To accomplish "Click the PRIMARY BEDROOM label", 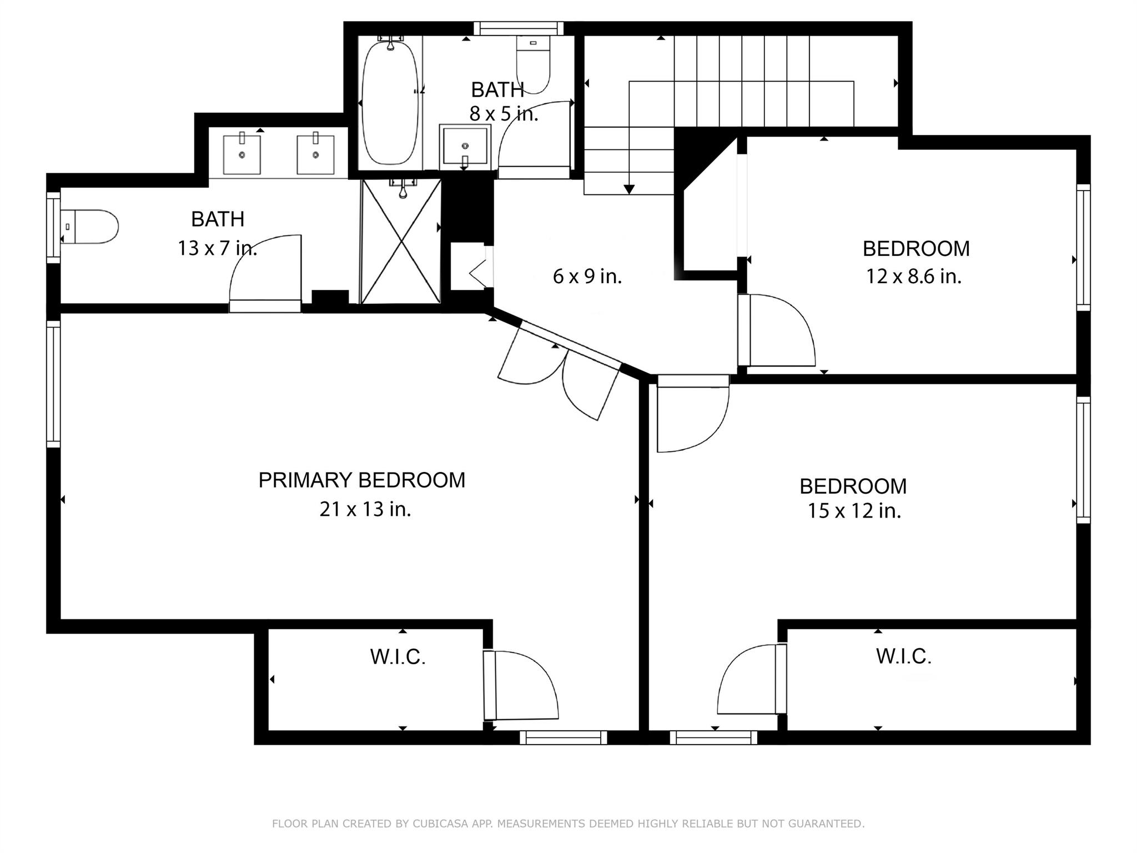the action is [x=362, y=480].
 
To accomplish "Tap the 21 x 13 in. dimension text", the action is [x=365, y=509].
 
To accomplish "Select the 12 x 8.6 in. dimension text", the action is [x=914, y=276].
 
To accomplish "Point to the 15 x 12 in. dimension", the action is [x=854, y=511].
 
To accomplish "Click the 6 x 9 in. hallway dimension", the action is [x=587, y=276].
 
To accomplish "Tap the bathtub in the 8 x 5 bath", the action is [x=390, y=103].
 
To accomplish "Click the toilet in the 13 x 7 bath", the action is [x=89, y=227].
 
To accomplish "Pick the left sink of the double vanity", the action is [x=242, y=154].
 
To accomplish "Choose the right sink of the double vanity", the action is [x=316, y=154].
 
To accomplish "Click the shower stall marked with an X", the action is [x=401, y=242].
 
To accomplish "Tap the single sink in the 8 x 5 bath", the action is [x=465, y=147].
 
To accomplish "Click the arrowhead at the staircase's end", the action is [x=629, y=189].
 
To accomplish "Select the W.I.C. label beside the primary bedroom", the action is [x=398, y=657].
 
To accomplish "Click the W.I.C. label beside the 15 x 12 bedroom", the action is [x=904, y=656].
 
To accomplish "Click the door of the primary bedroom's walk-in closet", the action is [x=521, y=685].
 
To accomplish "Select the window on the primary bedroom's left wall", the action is [x=53, y=384].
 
